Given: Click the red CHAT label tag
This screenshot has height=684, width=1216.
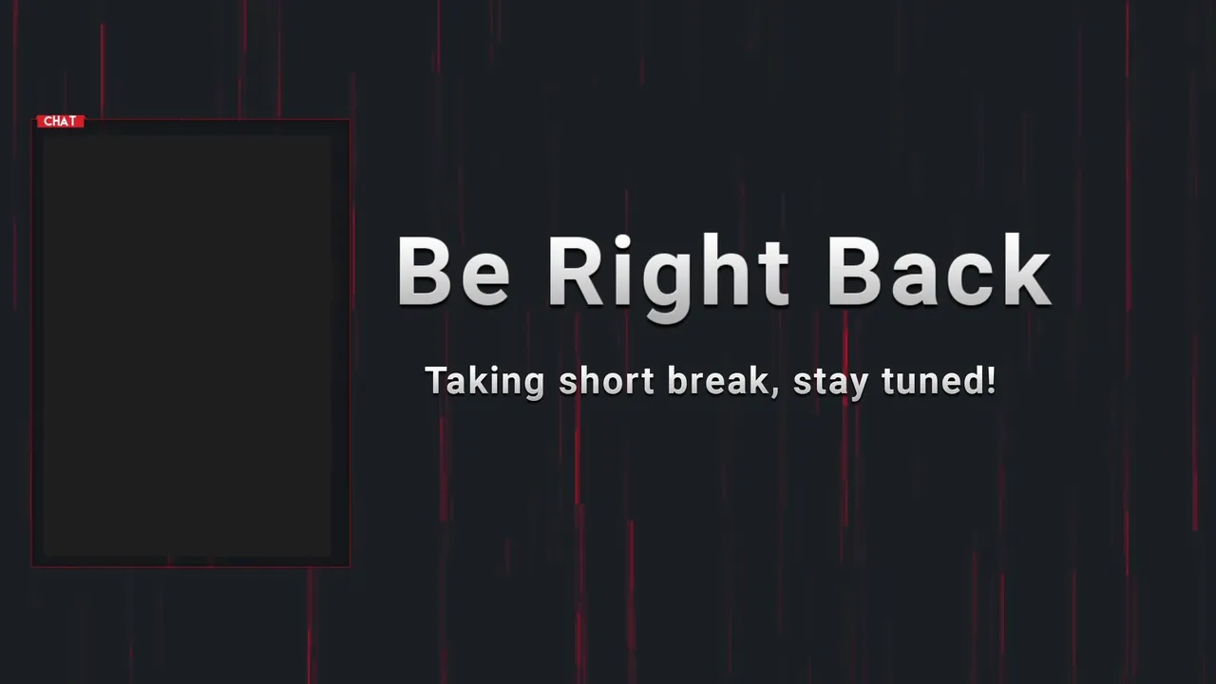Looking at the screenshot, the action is (x=60, y=121).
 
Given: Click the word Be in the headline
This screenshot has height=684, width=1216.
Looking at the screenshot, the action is (x=454, y=271).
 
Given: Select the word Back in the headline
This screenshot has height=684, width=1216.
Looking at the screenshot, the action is (x=940, y=270).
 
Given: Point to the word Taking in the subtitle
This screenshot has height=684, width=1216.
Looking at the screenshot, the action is (x=484, y=382).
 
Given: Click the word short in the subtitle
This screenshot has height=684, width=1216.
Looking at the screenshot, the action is (x=606, y=380).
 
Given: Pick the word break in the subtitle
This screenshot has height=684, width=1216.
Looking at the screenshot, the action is (x=719, y=380).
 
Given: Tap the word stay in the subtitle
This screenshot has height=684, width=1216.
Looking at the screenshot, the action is (x=831, y=383).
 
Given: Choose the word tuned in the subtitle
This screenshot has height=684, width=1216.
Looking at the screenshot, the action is (x=930, y=380).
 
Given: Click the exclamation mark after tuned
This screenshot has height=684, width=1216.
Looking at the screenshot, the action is (x=990, y=380).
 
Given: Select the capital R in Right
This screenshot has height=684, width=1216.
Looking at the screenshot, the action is (x=577, y=271).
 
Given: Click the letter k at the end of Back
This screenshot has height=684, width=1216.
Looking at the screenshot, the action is (x=1025, y=270).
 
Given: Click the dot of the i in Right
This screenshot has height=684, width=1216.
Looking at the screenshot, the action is (x=622, y=241).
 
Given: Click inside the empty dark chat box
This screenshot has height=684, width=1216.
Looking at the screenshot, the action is (x=188, y=347).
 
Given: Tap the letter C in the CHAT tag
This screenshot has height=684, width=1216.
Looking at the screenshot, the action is (x=47, y=121).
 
